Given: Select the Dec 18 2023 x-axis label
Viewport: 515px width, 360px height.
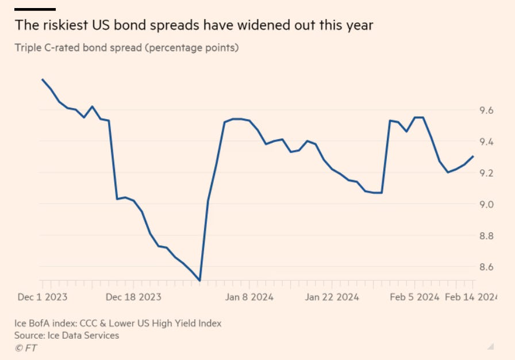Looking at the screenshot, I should click(134, 297).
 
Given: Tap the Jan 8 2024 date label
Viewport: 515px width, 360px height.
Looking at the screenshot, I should click(249, 297).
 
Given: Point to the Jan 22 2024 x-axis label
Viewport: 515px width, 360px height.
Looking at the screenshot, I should click(332, 297).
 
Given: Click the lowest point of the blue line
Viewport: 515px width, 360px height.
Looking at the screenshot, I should click(199, 281).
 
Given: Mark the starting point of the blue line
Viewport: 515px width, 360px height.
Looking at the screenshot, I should click(43, 79).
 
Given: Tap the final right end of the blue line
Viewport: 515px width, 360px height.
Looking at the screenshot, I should click(473, 156).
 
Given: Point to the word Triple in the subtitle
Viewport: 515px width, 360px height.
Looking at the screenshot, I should click(29, 47).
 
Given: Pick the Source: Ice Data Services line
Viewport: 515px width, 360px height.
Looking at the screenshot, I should click(67, 335).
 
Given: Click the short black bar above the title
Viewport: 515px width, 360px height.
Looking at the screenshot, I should click(34, 9).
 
